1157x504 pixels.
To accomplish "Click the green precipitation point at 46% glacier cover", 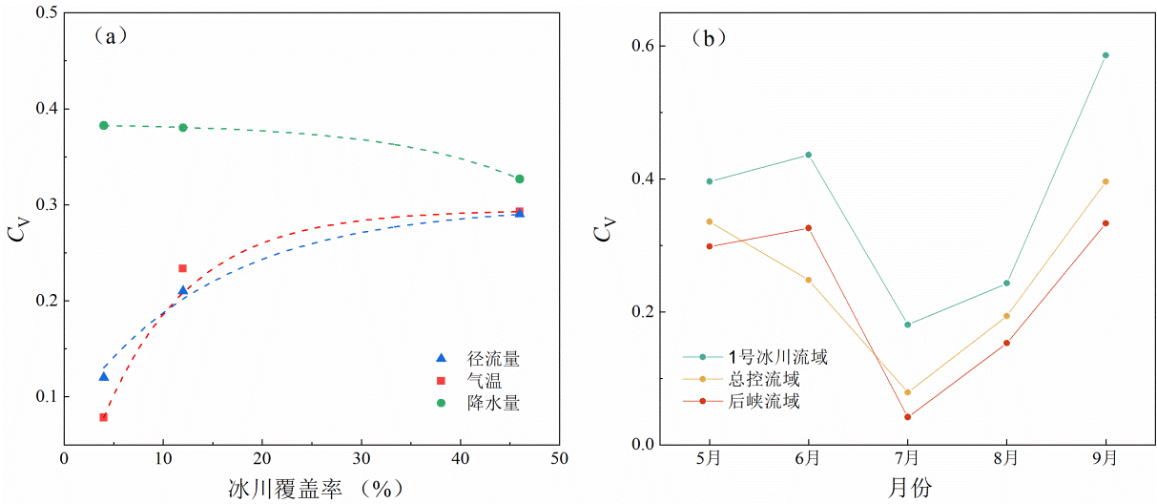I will (520, 178).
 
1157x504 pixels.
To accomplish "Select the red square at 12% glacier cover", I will (183, 268).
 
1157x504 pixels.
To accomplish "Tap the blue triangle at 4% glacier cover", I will (104, 377).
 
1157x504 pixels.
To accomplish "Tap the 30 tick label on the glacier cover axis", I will (361, 456).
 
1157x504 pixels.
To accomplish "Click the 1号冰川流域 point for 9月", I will (1105, 55).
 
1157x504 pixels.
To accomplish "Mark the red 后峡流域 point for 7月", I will (907, 417).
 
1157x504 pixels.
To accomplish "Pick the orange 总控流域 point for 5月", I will (709, 221).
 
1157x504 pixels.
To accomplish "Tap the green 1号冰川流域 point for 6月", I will (808, 155).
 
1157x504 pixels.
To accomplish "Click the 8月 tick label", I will (1006, 457).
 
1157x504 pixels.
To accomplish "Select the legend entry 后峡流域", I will (763, 401).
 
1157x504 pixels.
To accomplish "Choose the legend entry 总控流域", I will (763, 379).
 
